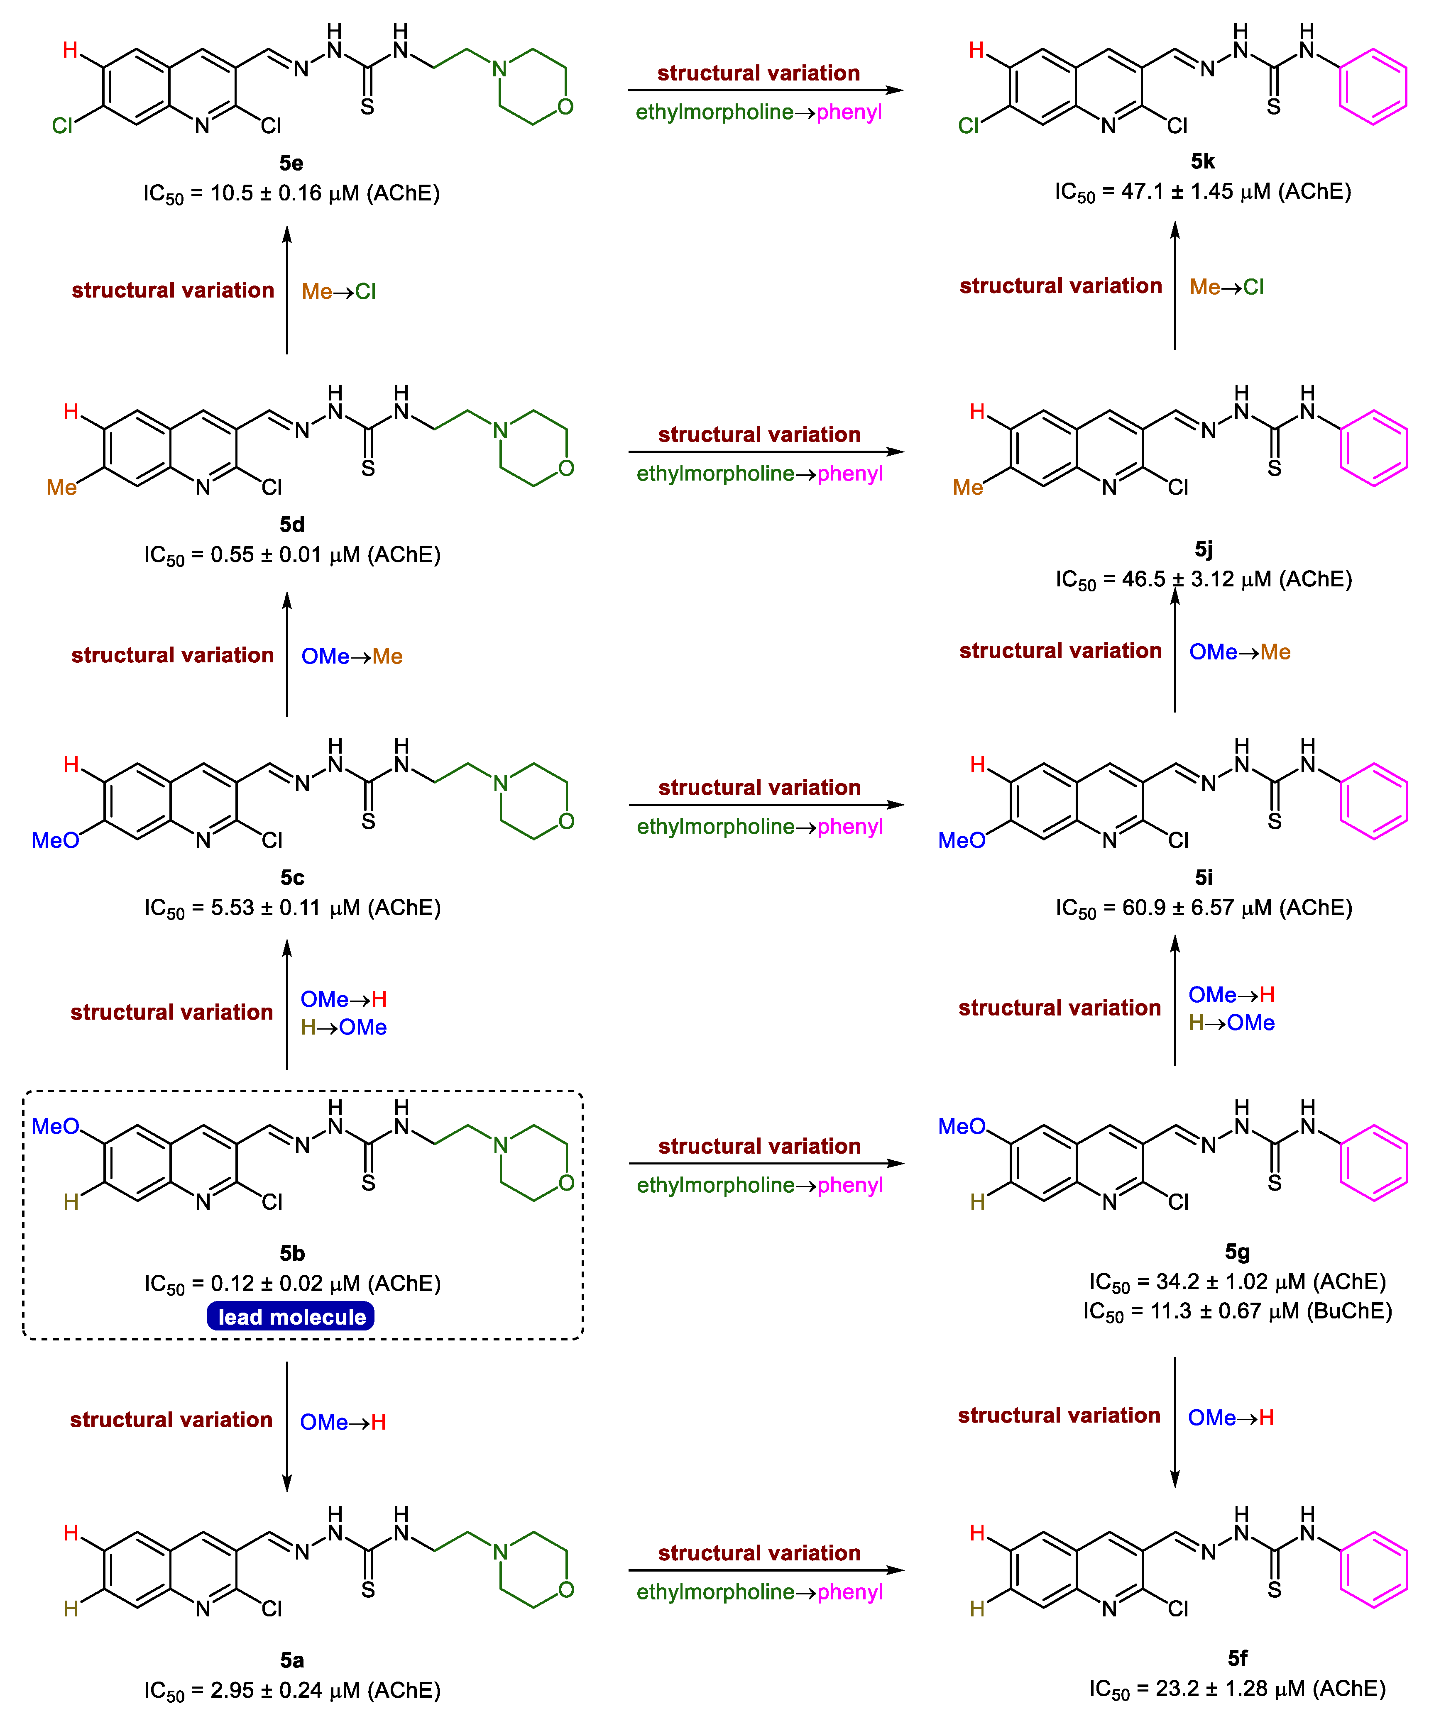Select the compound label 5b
coord(292,1253)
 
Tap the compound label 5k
coord(1203,161)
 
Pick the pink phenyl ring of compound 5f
coord(1373,1570)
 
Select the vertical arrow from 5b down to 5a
coord(287,1426)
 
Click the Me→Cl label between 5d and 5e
coord(338,292)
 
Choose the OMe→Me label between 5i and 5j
coord(1239,652)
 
